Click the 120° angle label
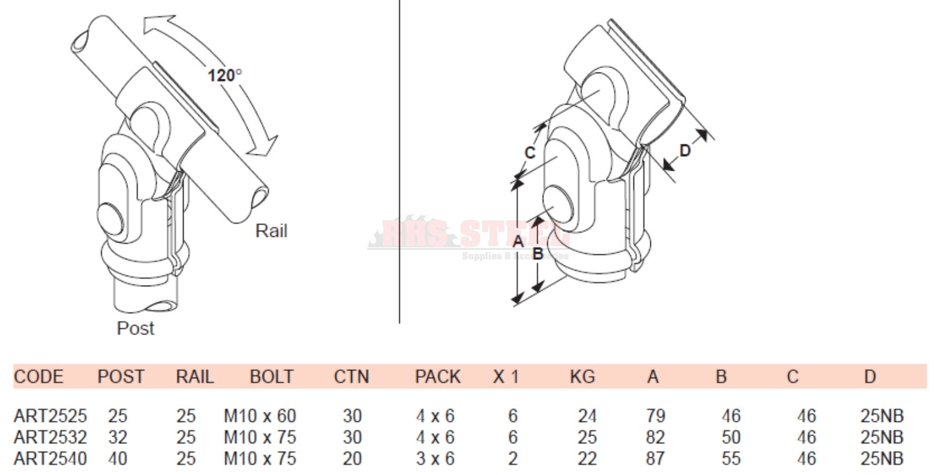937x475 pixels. pos(225,75)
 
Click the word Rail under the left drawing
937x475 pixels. pos(271,231)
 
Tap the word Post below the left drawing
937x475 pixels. pos(136,328)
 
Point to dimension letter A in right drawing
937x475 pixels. pos(517,241)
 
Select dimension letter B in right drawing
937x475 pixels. pos(537,254)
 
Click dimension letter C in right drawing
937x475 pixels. pos(530,152)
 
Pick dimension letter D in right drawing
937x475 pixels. pos(685,151)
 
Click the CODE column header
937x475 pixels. pos(38,377)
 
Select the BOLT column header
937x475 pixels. pos(271,377)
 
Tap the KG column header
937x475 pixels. pos(582,377)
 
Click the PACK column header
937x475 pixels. pos(437,377)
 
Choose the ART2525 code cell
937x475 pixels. pos(50,416)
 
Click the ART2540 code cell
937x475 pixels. pos(50,459)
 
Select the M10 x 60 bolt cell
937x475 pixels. pos(260,416)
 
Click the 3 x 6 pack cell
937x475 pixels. pos(435,459)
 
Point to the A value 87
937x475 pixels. pos(656,459)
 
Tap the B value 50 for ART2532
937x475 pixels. pos(730,437)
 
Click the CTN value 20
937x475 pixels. pos(352,459)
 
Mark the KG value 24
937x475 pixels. pos(587,416)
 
